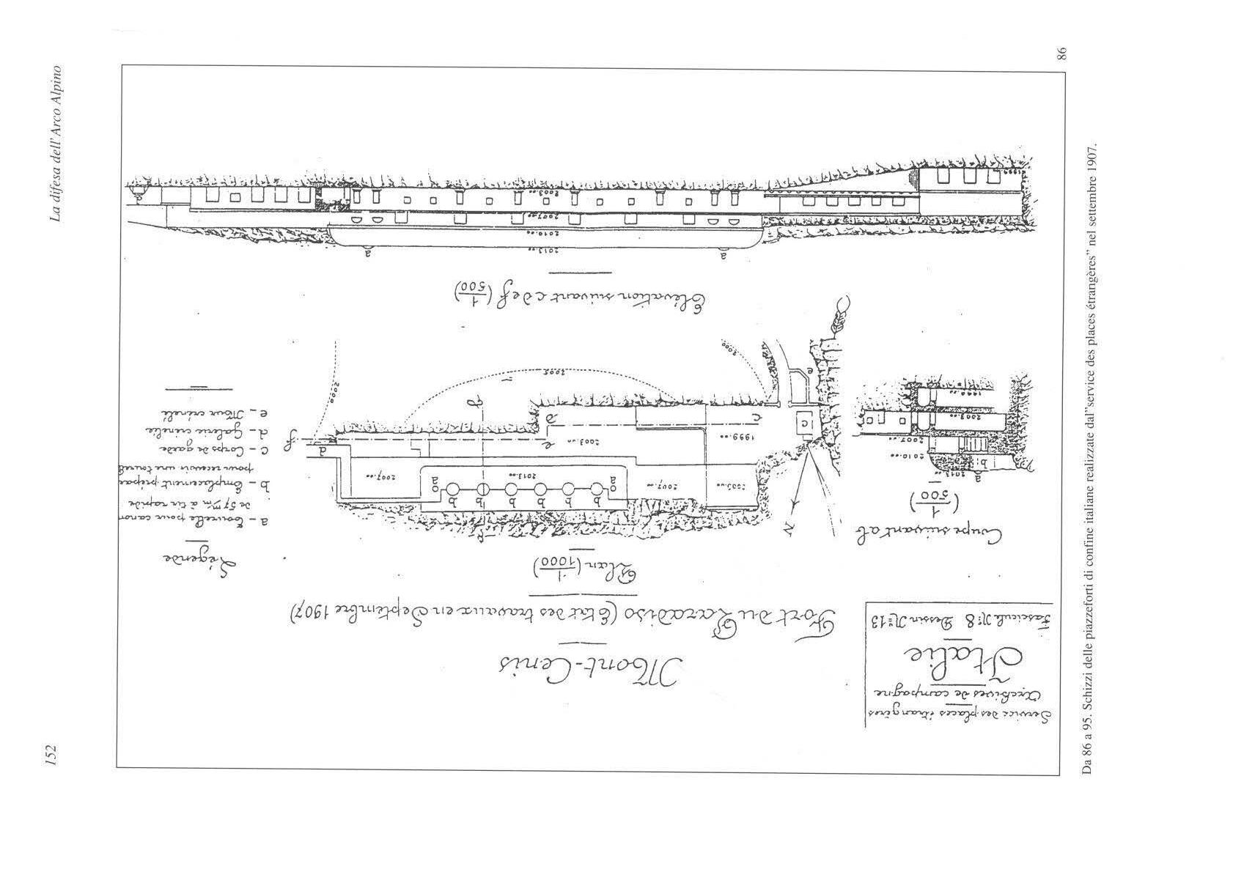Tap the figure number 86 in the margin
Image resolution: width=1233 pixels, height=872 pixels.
click(x=1062, y=52)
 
